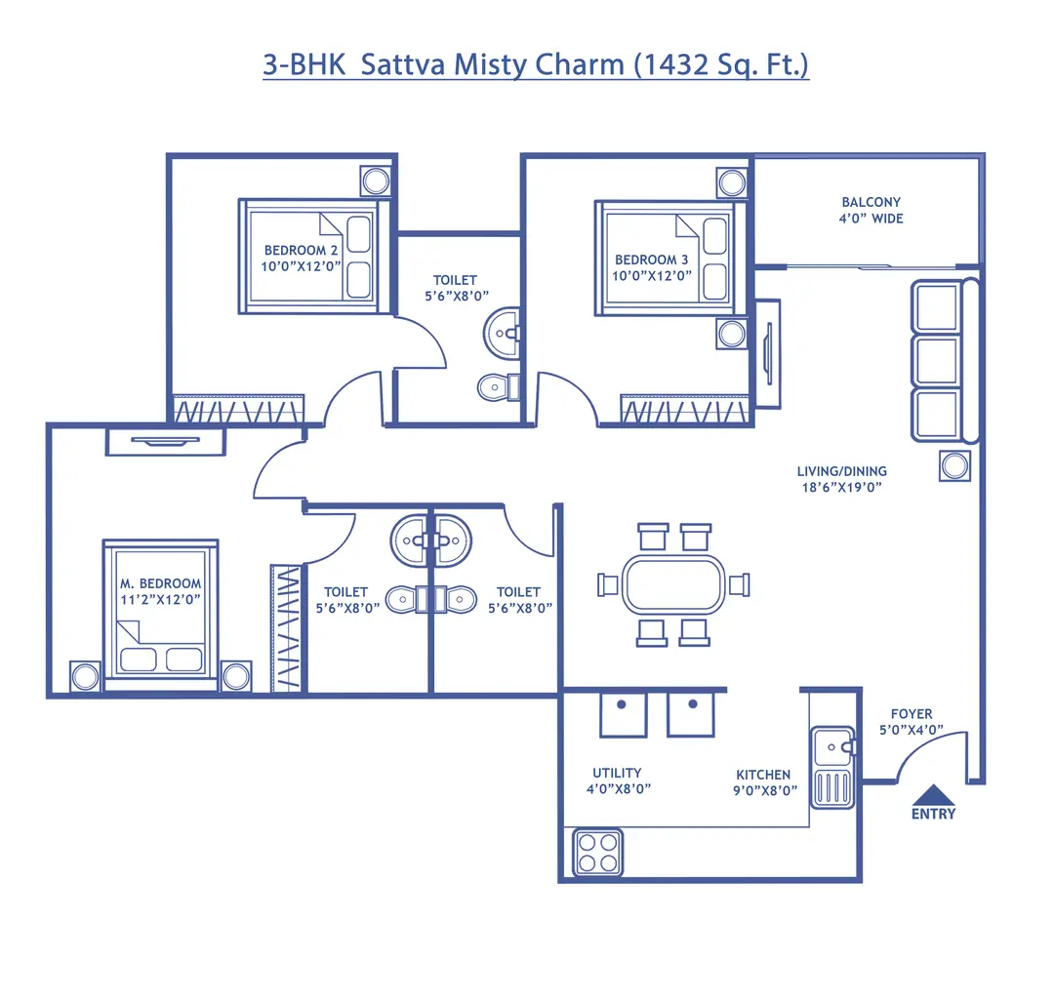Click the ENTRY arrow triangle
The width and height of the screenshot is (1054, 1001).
click(x=933, y=794)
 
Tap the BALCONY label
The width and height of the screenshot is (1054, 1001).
click(x=872, y=202)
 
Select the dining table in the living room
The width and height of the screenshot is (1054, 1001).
click(x=674, y=584)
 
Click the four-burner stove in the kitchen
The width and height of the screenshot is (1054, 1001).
click(x=597, y=853)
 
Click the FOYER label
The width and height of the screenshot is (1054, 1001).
click(x=912, y=713)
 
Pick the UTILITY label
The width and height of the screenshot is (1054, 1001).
click(x=617, y=773)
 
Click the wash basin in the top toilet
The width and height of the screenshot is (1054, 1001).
click(x=504, y=333)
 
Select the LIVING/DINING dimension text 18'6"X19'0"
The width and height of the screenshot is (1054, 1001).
click(x=841, y=486)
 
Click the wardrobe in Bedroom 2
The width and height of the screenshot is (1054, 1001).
click(x=238, y=410)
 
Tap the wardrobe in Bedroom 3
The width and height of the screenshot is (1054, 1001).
click(x=685, y=410)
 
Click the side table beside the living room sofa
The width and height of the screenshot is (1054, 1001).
click(x=955, y=465)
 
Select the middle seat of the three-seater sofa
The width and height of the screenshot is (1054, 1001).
click(x=936, y=360)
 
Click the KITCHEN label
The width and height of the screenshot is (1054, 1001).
click(x=763, y=775)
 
